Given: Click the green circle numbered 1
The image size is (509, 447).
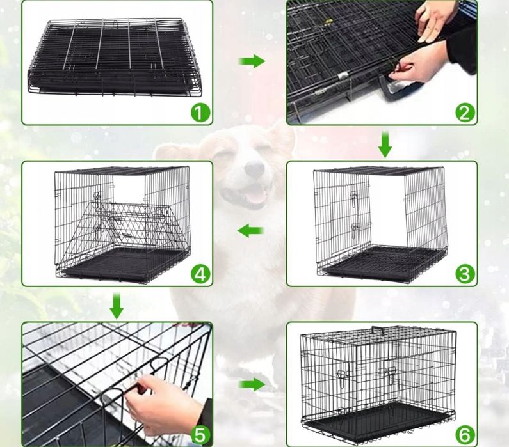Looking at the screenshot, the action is pyautogui.click(x=200, y=113).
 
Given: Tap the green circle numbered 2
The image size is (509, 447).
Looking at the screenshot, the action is pyautogui.click(x=465, y=113).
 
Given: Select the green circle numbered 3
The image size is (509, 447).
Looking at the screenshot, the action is pyautogui.click(x=465, y=274).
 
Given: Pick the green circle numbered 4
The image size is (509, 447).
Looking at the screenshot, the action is pyautogui.click(x=200, y=274).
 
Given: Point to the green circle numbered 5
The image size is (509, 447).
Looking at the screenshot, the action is pyautogui.click(x=200, y=435).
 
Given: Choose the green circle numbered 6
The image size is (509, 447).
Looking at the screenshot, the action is pyautogui.click(x=465, y=435).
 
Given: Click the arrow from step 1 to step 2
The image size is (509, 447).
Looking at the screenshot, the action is pyautogui.click(x=252, y=61).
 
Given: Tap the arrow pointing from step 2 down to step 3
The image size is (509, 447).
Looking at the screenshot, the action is pyautogui.click(x=385, y=145).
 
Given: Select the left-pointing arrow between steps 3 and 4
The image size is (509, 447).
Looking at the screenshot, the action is pyautogui.click(x=250, y=231).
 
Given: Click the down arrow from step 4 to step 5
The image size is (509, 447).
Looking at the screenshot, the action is pyautogui.click(x=117, y=306).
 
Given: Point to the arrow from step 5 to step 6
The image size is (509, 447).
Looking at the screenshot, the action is pyautogui.click(x=252, y=384).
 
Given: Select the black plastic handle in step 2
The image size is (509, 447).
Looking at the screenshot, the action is pyautogui.click(x=400, y=88).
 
